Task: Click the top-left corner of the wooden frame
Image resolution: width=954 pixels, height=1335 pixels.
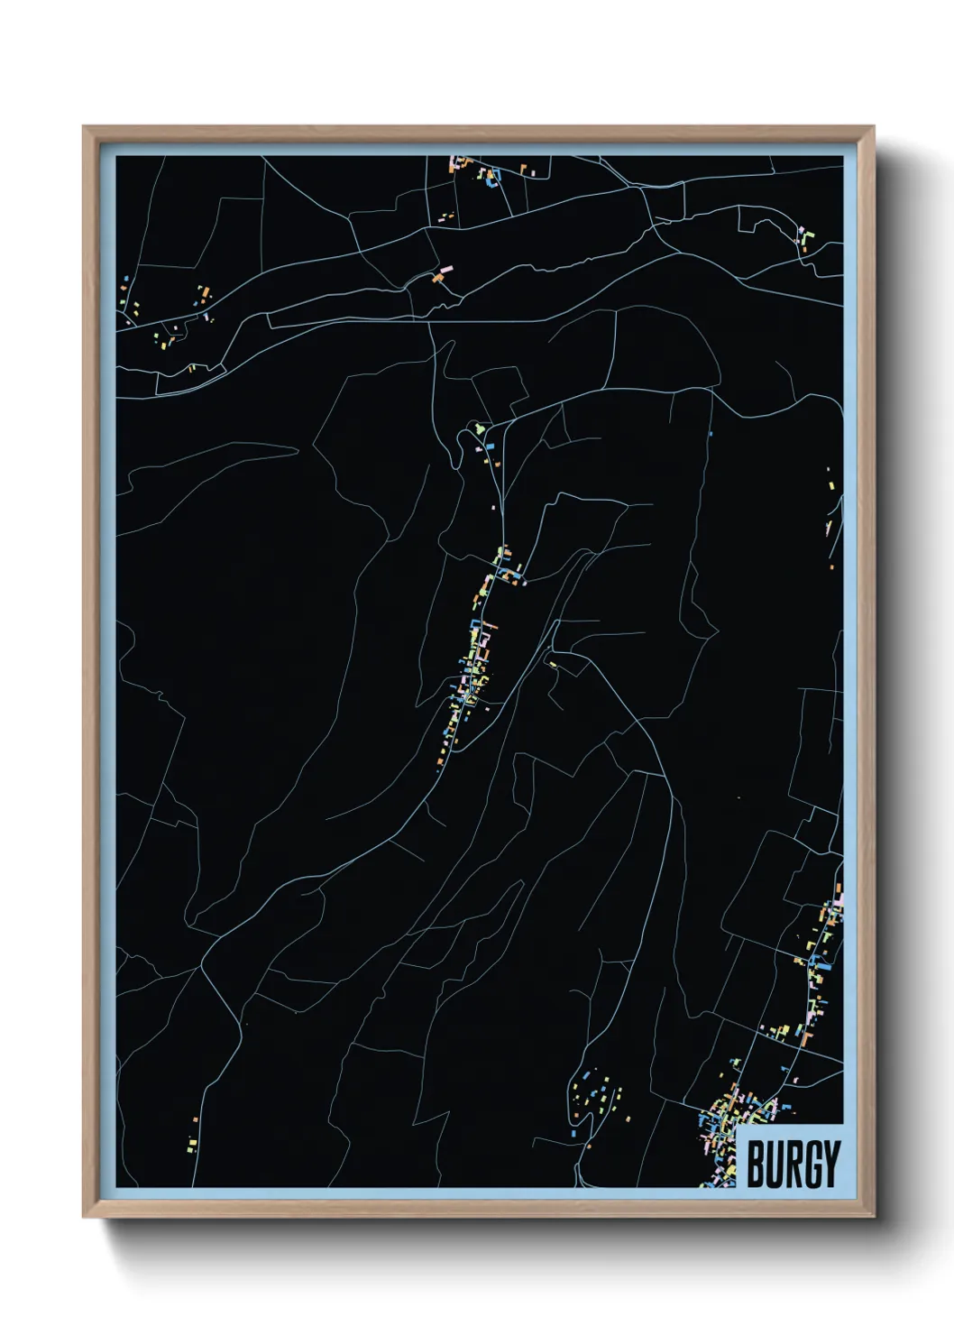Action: click(84, 127)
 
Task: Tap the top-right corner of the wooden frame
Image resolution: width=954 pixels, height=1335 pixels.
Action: click(873, 127)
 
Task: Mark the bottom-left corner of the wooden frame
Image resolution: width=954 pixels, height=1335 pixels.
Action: click(84, 1217)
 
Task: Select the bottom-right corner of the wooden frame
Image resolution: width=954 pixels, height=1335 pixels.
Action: click(873, 1217)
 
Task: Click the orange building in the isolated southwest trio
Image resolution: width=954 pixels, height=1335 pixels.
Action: click(196, 1119)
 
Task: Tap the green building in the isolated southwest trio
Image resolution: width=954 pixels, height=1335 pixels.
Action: click(191, 1150)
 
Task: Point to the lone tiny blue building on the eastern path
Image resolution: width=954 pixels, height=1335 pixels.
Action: click(711, 434)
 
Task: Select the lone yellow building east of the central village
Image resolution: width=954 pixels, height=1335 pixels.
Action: click(554, 666)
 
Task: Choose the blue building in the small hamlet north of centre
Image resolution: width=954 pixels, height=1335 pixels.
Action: click(491, 446)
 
